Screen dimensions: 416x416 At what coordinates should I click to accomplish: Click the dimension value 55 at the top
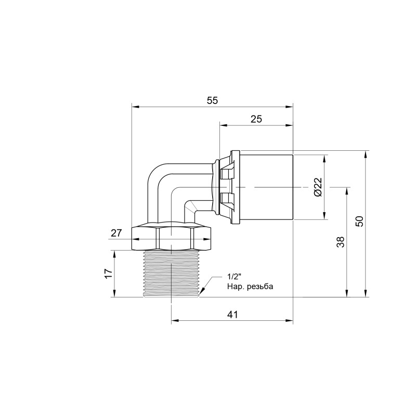click(x=212, y=101)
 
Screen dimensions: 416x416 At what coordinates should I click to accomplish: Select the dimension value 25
click(x=256, y=119)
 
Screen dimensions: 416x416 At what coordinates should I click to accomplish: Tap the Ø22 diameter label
click(x=318, y=187)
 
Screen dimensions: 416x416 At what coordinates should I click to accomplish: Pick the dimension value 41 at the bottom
click(x=232, y=315)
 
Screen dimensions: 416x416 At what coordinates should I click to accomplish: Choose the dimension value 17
click(x=108, y=274)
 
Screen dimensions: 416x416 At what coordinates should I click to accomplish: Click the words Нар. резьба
click(x=250, y=287)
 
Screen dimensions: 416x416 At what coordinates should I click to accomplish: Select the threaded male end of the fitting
click(x=171, y=273)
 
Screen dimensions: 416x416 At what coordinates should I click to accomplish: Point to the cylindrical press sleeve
click(x=266, y=187)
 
